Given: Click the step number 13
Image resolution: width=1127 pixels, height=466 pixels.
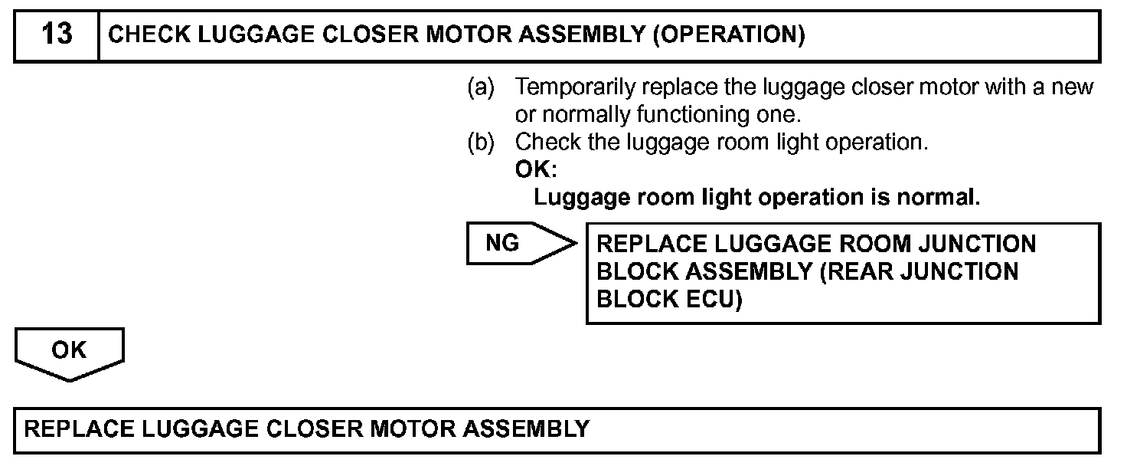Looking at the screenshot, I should point(57,35).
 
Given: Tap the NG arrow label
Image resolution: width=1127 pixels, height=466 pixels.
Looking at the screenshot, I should point(502,243).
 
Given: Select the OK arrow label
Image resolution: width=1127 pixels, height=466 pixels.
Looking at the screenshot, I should point(69,350).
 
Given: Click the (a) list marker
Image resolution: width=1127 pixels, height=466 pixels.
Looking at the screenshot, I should point(481,87).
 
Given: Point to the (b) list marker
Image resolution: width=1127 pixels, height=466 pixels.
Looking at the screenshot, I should point(481,143).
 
